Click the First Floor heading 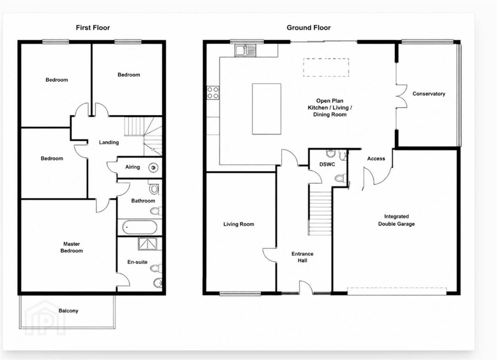tap(93, 28)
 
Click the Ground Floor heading tap(308, 28)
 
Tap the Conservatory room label tap(429, 94)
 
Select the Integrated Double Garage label tap(396, 220)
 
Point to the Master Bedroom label tap(71, 247)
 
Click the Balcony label tap(68, 310)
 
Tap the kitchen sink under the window tap(245, 50)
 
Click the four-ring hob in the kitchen tap(213, 93)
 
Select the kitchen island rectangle tap(266, 109)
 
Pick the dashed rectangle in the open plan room tap(326, 59)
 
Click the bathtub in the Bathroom tap(140, 227)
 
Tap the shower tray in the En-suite tap(147, 244)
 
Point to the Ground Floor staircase tap(320, 213)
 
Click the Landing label tap(109, 142)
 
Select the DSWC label tap(327, 164)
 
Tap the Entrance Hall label tap(302, 257)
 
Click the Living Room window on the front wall tap(240, 294)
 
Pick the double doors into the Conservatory tap(401, 96)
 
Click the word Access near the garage tap(376, 159)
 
